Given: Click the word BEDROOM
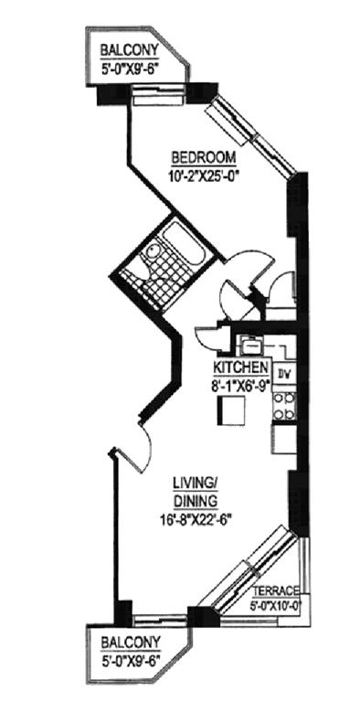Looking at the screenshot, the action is [x=204, y=158].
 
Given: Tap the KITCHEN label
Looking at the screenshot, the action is [x=241, y=367].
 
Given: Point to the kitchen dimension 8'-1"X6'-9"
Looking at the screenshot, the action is [x=241, y=385].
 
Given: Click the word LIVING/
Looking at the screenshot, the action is [x=195, y=484].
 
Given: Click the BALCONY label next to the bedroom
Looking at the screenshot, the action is [x=130, y=48].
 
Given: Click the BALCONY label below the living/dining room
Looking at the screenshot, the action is [x=130, y=643].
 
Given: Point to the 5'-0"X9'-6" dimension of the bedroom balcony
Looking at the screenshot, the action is [x=130, y=69].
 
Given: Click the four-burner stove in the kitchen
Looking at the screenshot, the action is [x=284, y=407].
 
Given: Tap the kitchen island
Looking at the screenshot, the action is [x=231, y=411].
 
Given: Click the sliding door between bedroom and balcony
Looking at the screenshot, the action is [x=157, y=94].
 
